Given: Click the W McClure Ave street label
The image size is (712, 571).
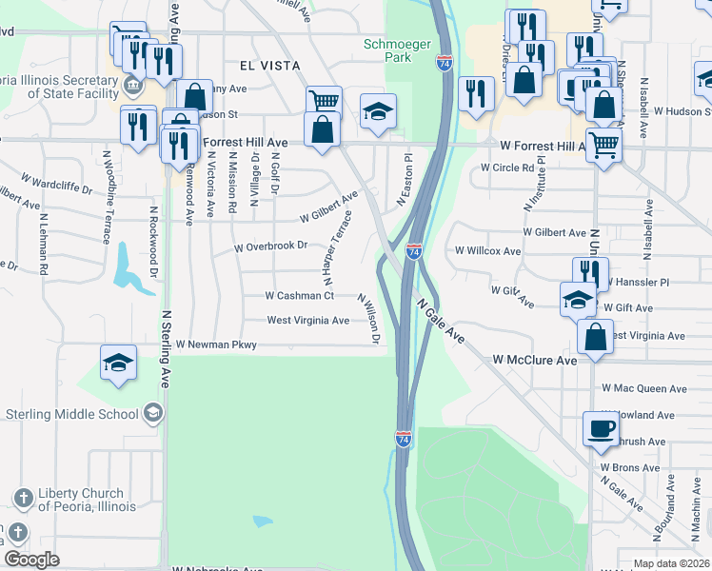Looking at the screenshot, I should [534, 361].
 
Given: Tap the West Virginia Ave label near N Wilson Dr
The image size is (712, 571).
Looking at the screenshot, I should [307, 321].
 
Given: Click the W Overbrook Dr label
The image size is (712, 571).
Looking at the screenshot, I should [271, 246].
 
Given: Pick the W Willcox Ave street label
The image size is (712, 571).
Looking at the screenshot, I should [487, 251].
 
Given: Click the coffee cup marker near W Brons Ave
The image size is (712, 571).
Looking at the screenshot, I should [600, 429].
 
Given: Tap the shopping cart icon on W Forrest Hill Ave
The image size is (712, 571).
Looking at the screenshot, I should [603, 146].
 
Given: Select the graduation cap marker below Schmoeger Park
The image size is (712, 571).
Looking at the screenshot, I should [378, 111].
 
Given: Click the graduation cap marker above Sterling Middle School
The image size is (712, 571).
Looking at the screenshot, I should [119, 363].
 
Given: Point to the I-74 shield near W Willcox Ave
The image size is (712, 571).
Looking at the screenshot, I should [414, 251].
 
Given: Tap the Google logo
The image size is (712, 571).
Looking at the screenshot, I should [31, 560].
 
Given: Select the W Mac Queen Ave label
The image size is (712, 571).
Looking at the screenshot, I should [643, 388].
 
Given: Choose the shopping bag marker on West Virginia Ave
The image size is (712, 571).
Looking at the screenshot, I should [595, 337].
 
